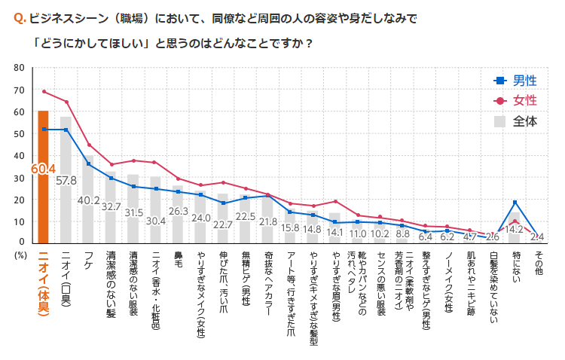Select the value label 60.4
coord(43,169)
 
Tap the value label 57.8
coord(67,181)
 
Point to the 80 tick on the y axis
coord(19,69)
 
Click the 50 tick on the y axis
coord(19,134)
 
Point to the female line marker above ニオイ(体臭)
coord(44,91)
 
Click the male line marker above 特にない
coord(515,202)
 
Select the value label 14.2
coord(515,229)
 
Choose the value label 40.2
coord(90,200)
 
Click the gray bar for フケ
coord(89,218)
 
